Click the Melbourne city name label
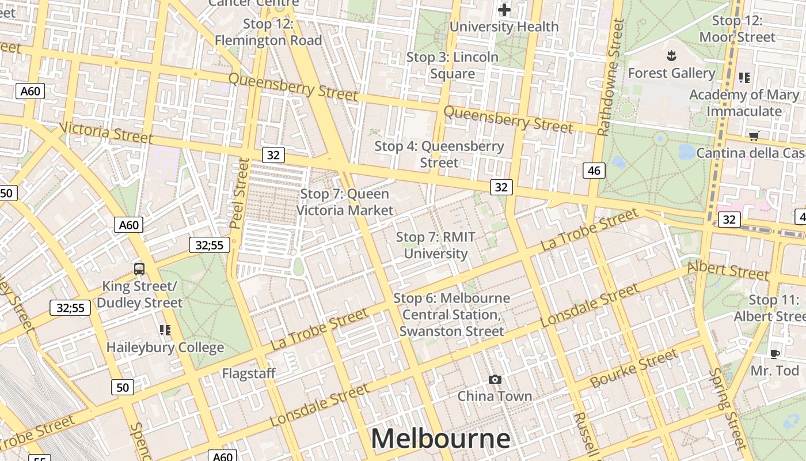pos(440,439)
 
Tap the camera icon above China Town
pos(495,379)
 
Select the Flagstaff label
pos(249,373)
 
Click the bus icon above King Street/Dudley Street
pos(139,269)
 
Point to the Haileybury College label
pos(165,347)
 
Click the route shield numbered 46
pos(594,170)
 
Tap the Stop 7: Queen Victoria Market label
pos(345,202)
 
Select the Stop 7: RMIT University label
pos(436,245)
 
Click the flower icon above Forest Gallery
pos(671,56)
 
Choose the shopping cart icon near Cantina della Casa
pos(754,136)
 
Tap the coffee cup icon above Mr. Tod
pos(774,353)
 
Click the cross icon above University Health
pos(504,10)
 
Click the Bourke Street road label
pos(634,368)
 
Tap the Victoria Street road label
pos(106,133)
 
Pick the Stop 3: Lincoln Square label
pos(453,66)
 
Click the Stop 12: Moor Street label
pos(737,29)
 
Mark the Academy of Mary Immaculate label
pos(744,103)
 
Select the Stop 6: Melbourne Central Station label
pos(452,315)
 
